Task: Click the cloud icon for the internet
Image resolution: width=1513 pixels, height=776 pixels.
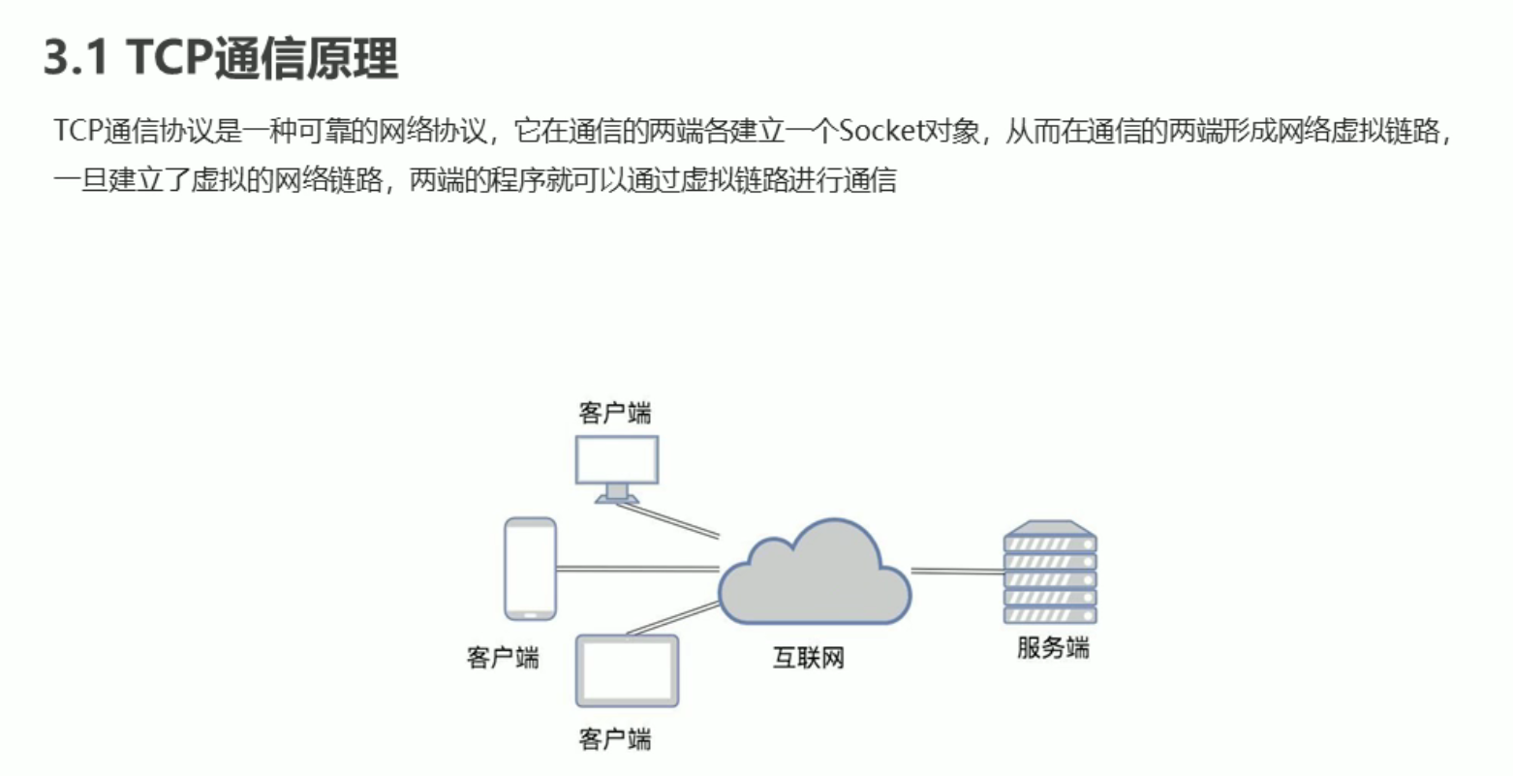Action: (815, 576)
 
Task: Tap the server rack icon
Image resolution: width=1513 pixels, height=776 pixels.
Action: (1050, 574)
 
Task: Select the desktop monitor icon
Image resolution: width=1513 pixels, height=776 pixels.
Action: (617, 460)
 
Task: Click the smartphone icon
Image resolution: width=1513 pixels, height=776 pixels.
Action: (531, 568)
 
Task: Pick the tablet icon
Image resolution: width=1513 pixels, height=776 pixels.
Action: (628, 670)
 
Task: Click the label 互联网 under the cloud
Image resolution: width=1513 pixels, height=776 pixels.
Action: (809, 659)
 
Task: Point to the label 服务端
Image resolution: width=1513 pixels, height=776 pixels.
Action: (1053, 648)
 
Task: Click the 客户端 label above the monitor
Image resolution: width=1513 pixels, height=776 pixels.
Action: (615, 413)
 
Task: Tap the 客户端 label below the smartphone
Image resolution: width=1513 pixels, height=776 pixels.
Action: (503, 659)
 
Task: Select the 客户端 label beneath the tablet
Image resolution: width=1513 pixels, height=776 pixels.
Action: (615, 740)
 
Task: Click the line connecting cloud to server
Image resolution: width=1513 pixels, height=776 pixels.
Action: (957, 572)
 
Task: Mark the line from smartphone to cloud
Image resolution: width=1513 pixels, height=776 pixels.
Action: (637, 569)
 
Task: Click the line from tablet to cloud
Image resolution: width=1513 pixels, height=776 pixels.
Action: (674, 616)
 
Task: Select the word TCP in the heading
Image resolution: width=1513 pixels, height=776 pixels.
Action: (170, 58)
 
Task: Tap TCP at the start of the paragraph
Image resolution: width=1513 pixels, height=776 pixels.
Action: (75, 131)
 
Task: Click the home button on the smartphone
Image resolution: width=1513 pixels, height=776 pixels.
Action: (531, 613)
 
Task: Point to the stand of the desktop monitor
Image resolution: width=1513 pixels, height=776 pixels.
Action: (617, 492)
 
